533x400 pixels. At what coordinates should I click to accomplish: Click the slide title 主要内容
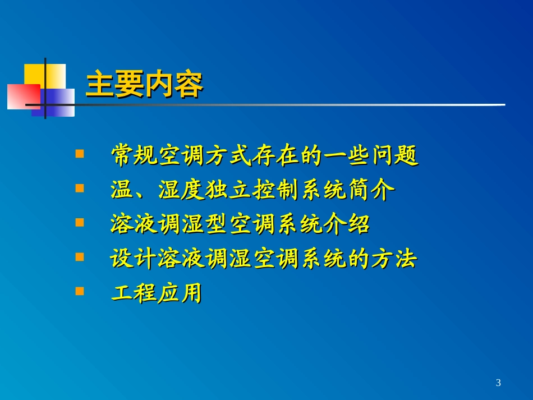(144, 85)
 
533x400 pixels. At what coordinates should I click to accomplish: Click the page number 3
(498, 383)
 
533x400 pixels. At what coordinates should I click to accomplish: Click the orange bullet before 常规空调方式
(80, 153)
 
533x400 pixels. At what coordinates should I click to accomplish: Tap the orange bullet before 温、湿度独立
(80, 188)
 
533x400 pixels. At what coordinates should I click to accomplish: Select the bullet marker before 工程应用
(80, 291)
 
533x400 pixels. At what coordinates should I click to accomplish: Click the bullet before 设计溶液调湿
(80, 257)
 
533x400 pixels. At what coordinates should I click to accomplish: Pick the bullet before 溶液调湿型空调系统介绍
(80, 222)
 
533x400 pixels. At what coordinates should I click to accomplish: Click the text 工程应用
(156, 293)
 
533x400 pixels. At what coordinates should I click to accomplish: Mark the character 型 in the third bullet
(217, 225)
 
